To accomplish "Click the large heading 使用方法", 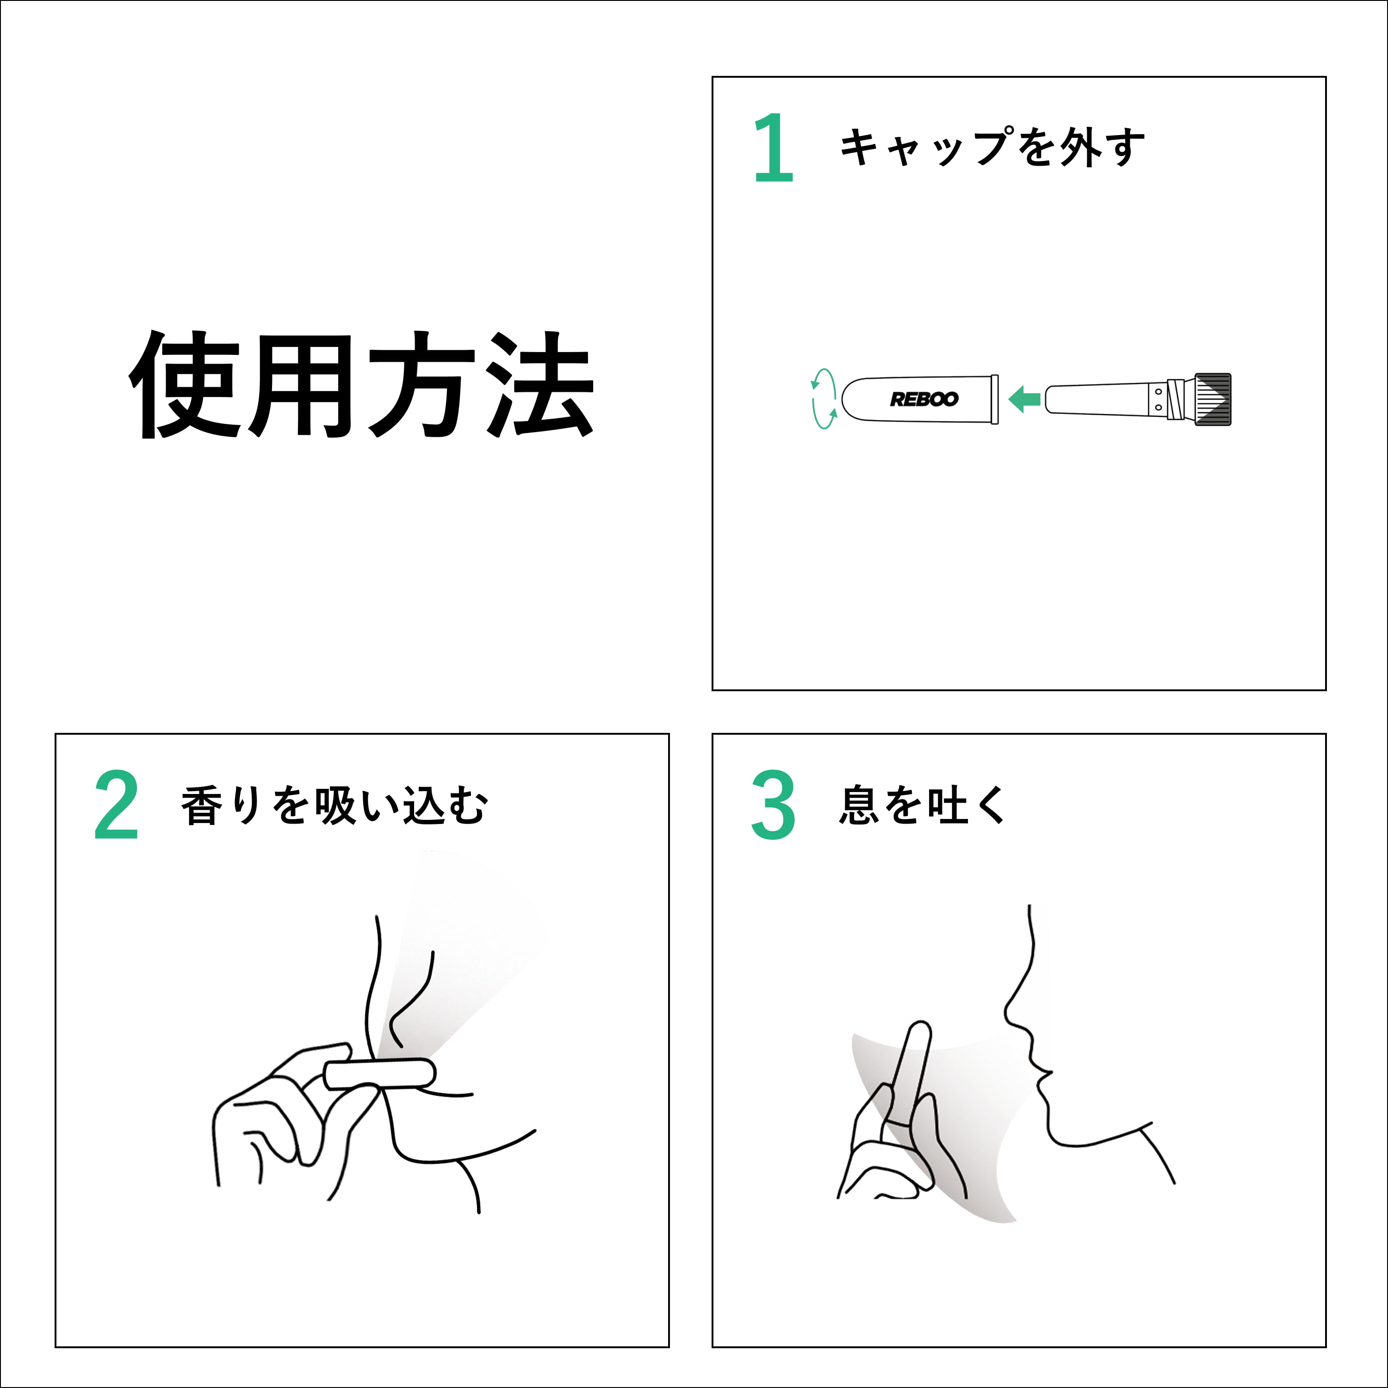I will click(x=361, y=384).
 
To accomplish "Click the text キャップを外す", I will click(x=992, y=147).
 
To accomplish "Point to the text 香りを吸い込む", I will click(x=334, y=805).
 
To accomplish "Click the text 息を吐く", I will click(x=923, y=805).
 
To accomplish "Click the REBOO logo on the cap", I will click(x=924, y=399).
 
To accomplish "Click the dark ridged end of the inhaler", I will click(x=1213, y=399).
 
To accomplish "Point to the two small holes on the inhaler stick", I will click(x=1158, y=399).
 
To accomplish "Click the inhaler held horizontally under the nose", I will click(x=379, y=1074).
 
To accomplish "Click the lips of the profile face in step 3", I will click(x=1042, y=1073).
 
